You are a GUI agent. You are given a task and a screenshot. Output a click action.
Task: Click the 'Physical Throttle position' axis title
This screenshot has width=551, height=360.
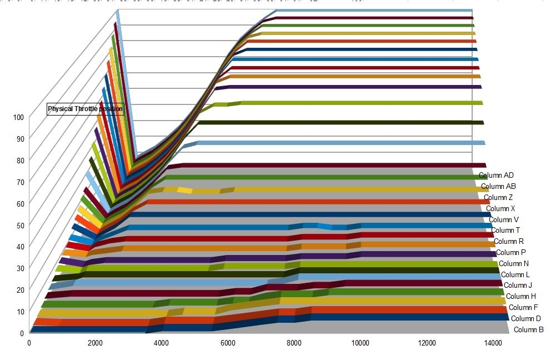(85, 109)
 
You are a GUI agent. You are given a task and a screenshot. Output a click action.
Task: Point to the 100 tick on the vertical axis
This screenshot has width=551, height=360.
(19, 117)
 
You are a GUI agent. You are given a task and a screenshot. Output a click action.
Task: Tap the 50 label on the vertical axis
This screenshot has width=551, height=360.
(19, 225)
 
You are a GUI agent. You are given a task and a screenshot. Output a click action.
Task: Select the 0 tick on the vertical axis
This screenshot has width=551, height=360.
(22, 333)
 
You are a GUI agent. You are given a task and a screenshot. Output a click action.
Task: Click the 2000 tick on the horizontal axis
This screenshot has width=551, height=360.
(96, 342)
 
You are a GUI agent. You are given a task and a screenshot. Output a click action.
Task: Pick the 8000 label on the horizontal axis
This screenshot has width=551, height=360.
(294, 342)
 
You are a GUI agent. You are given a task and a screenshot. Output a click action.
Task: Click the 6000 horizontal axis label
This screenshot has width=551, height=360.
(228, 342)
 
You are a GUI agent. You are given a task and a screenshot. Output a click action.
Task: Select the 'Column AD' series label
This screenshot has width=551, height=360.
(496, 176)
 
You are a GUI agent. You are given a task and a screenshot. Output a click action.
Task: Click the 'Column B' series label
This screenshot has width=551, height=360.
(528, 329)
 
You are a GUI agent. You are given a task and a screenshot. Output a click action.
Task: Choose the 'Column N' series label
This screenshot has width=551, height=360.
(513, 263)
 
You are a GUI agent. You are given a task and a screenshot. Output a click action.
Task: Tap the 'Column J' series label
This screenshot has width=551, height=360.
(518, 285)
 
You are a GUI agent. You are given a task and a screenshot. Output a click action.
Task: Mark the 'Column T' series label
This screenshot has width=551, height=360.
(505, 230)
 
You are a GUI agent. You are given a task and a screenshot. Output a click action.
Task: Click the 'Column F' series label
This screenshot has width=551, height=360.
(523, 307)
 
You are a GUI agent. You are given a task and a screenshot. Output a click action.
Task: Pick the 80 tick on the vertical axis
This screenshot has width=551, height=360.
(19, 161)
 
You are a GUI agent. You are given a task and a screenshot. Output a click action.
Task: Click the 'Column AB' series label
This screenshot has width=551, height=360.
(498, 186)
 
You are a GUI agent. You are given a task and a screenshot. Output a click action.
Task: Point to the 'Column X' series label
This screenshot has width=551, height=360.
(500, 208)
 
